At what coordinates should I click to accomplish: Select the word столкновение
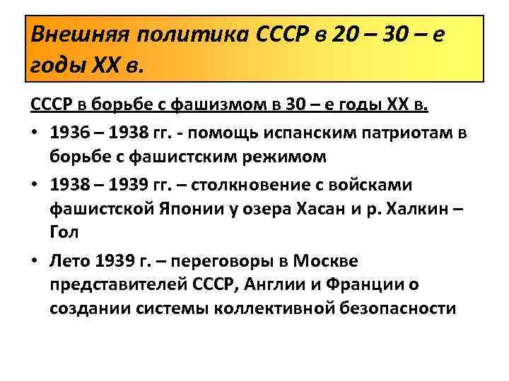283,183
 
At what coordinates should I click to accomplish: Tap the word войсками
411,183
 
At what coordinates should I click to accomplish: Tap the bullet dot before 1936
35,132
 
